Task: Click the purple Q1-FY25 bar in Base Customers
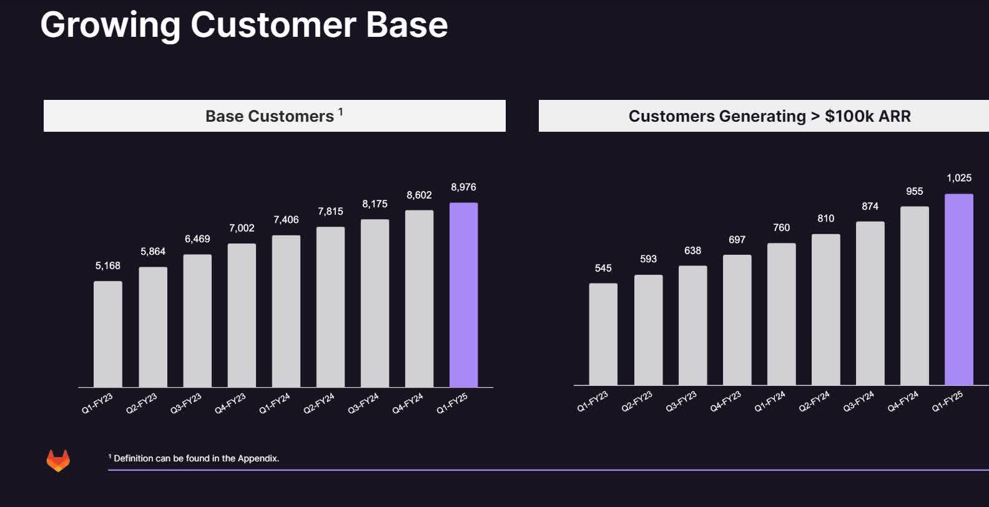pyautogui.click(x=463, y=295)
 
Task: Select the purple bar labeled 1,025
pyautogui.click(x=958, y=289)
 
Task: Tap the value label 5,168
pyautogui.click(x=108, y=266)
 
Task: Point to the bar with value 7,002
pyautogui.click(x=242, y=315)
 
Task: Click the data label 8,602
pyautogui.click(x=419, y=195)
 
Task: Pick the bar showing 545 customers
pyautogui.click(x=603, y=334)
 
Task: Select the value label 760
pyautogui.click(x=781, y=228)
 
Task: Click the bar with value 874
pyautogui.click(x=870, y=303)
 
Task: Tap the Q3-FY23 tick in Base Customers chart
pyautogui.click(x=186, y=403)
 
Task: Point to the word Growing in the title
pyautogui.click(x=110, y=25)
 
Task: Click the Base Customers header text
pyautogui.click(x=270, y=116)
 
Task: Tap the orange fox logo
pyautogui.click(x=58, y=460)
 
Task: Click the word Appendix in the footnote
pyautogui.click(x=258, y=458)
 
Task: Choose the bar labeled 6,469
pyautogui.click(x=197, y=320)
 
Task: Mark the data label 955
pyautogui.click(x=914, y=192)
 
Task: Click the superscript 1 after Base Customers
pyautogui.click(x=340, y=112)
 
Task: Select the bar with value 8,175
pyautogui.click(x=375, y=303)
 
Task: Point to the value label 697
pyautogui.click(x=737, y=240)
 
